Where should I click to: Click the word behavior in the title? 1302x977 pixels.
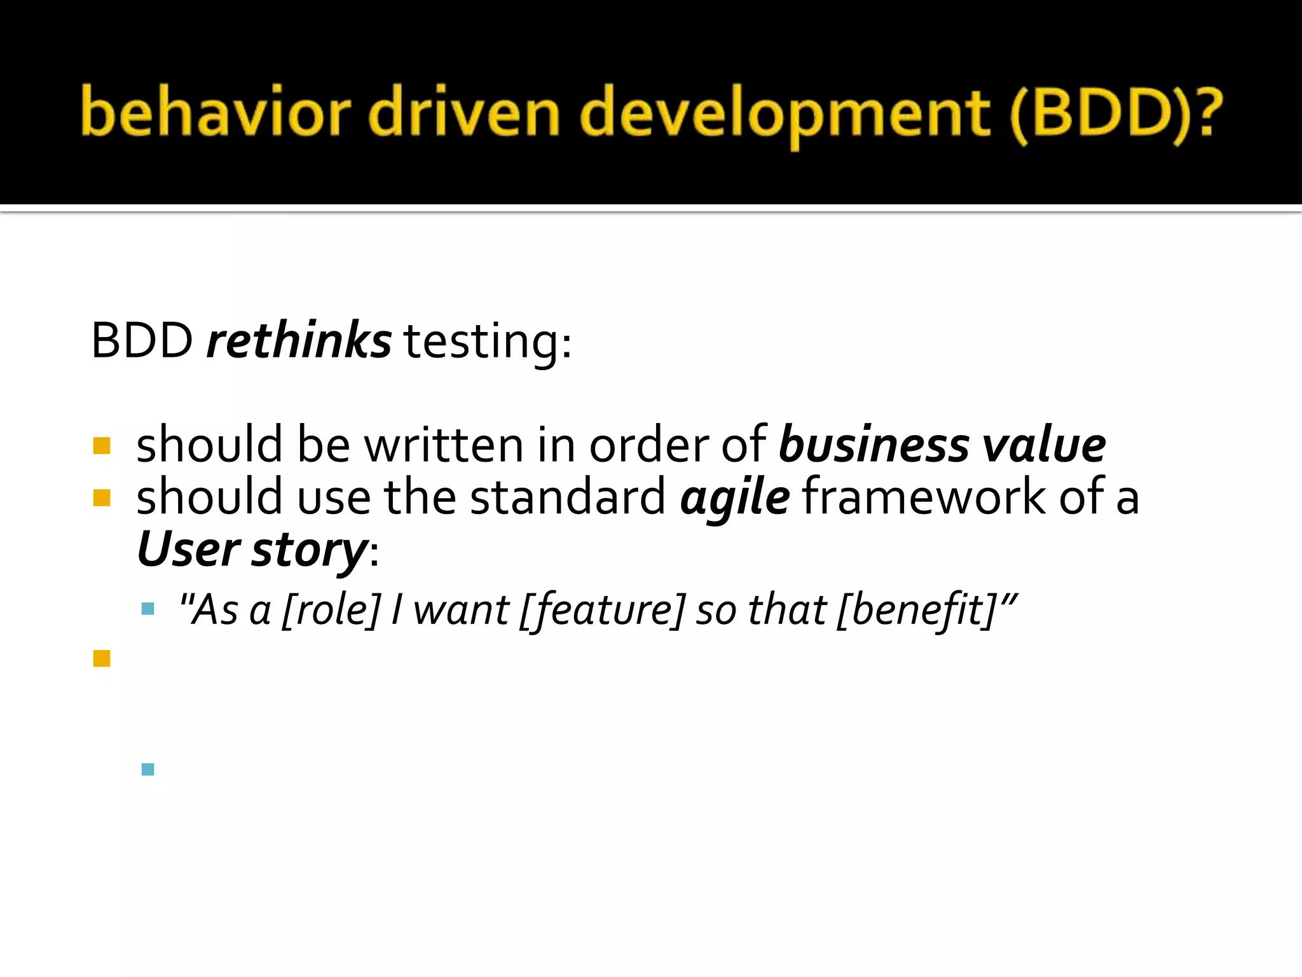pos(215,113)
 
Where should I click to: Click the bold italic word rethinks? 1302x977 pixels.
pos(299,341)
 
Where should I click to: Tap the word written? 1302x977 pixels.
pos(443,445)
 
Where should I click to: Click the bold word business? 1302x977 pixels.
pos(874,445)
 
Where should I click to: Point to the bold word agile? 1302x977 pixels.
pos(735,498)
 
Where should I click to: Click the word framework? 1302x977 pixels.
pos(923,497)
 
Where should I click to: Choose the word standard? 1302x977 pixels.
pos(568,497)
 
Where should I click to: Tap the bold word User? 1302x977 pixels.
pos(188,550)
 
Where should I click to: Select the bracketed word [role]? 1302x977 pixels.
pos(331,610)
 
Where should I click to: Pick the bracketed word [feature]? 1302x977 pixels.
pos(602,610)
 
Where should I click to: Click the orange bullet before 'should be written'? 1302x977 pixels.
pos(102,445)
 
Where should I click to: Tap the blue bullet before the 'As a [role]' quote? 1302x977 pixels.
pos(148,609)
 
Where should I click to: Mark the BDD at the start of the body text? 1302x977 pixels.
pos(142,342)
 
